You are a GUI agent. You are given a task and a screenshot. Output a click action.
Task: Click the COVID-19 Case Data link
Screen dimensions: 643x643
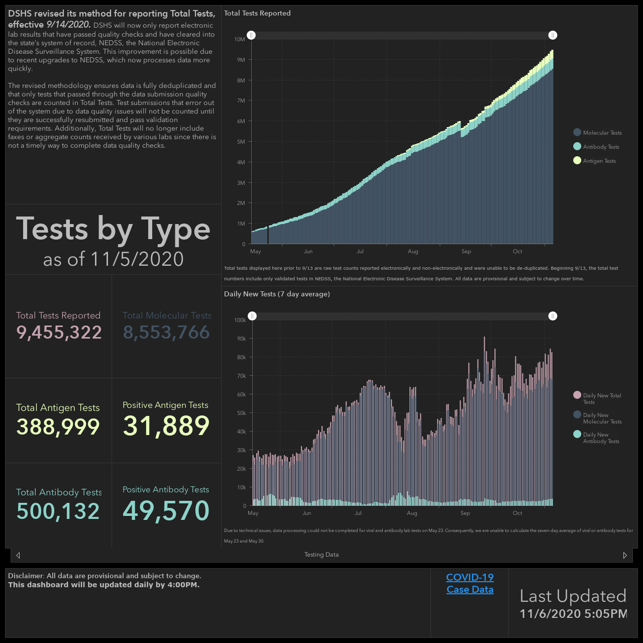tap(470, 583)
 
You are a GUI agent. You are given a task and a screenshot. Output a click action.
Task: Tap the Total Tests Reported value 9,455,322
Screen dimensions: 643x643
tap(59, 333)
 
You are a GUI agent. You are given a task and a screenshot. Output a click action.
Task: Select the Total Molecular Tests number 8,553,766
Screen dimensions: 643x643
tap(166, 333)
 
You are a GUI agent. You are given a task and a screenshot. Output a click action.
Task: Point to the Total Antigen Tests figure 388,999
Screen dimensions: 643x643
tap(58, 427)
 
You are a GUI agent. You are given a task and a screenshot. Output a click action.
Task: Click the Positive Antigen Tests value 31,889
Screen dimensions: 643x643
tap(166, 426)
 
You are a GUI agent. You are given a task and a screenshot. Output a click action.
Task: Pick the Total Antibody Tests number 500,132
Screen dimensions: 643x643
tap(58, 511)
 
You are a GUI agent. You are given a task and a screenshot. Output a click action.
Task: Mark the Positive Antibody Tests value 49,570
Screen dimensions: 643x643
tap(166, 510)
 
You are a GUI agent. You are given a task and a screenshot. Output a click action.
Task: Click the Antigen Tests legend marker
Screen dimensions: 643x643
tap(577, 161)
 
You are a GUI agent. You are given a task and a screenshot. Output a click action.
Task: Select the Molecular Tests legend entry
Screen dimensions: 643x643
tap(597, 133)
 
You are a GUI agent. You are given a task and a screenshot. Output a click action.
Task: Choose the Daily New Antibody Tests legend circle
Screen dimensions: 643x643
tap(577, 434)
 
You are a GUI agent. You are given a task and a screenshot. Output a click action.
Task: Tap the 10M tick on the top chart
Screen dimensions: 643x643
tap(240, 39)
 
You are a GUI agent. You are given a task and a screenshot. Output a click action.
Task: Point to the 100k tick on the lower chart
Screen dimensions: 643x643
tap(240, 320)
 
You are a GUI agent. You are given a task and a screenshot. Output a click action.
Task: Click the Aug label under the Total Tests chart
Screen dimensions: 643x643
tap(413, 251)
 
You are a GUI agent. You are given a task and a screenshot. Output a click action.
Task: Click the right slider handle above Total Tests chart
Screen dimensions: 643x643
tap(553, 35)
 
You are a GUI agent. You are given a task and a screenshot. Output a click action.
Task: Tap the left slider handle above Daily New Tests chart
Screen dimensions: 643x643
tap(252, 316)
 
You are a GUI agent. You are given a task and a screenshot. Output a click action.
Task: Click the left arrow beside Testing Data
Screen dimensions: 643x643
tap(18, 555)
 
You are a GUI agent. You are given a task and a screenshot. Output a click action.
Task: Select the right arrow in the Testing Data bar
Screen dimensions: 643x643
tap(624, 555)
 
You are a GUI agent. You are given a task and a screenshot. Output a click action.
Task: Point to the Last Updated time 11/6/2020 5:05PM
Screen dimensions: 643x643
tap(573, 613)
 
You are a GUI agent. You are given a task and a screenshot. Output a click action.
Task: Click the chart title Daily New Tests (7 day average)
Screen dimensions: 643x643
tap(277, 294)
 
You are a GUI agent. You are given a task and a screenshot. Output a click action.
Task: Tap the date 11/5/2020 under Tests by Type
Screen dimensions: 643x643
tap(137, 259)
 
